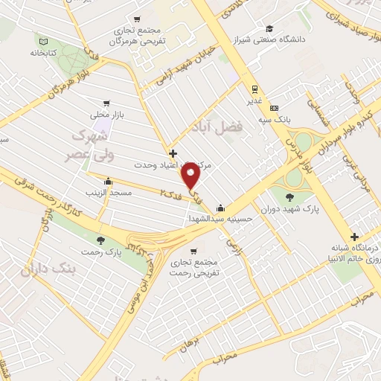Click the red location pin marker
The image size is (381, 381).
click(x=191, y=176)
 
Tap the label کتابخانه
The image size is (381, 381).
click(x=45, y=54)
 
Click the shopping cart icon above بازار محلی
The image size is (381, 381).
click(x=108, y=103)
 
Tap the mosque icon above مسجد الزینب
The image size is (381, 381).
click(x=109, y=180)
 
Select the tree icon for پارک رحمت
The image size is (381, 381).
click(x=100, y=240)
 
